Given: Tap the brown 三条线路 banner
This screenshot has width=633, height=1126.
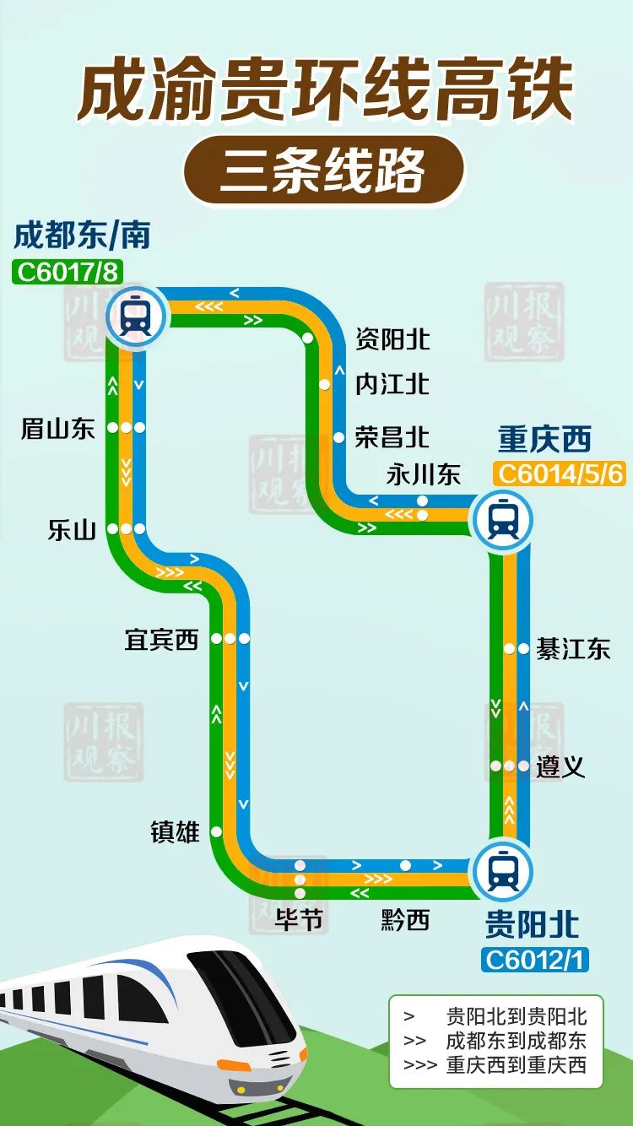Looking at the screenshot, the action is tap(324, 171).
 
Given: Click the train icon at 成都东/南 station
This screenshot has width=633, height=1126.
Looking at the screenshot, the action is tap(135, 317).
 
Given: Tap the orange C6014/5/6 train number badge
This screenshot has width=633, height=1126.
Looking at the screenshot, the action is tap(560, 474).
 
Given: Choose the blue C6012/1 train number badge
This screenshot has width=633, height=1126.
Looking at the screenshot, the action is tap(535, 960).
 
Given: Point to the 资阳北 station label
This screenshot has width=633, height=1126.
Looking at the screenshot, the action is tap(392, 339).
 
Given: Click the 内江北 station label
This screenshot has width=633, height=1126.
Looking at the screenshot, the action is tap(392, 384).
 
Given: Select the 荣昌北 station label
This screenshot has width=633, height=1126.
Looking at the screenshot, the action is tap(392, 437).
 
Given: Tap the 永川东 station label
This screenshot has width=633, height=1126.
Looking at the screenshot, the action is tap(424, 474).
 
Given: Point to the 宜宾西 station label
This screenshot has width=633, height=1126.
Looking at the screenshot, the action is tap(161, 640).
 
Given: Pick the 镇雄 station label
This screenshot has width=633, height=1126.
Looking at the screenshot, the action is tap(175, 832).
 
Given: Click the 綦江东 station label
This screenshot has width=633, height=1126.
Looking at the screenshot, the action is tap(573, 649).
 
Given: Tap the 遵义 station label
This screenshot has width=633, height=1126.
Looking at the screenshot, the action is tap(560, 767).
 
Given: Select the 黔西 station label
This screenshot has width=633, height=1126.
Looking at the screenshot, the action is tap(405, 920).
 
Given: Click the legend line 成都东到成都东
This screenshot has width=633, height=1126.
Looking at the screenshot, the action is tap(516, 1041).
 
